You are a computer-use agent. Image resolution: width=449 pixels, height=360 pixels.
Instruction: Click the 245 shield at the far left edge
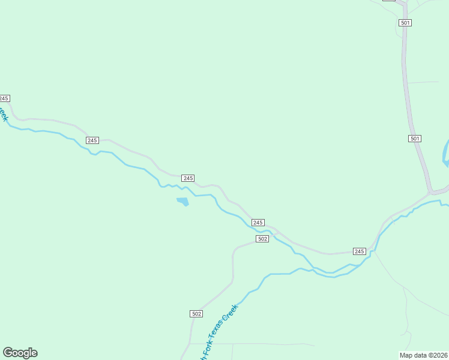[4, 98]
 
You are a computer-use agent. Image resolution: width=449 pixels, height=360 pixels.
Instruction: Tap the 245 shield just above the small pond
[188, 178]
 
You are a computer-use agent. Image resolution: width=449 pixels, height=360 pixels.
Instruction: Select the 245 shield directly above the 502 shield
[258, 223]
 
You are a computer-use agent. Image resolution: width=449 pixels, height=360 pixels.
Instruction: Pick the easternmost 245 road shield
[359, 251]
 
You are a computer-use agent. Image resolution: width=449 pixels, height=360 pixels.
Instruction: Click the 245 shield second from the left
[92, 140]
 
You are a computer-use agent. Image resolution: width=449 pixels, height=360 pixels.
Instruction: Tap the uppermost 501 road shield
[405, 23]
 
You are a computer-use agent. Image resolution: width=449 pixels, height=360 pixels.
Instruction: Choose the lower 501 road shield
[415, 139]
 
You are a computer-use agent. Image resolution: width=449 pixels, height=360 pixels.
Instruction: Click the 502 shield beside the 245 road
[262, 239]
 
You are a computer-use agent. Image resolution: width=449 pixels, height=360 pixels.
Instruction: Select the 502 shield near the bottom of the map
[196, 314]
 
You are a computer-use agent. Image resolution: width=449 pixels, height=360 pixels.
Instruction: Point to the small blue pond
[182, 201]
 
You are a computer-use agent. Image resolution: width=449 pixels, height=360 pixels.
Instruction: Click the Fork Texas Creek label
[220, 329]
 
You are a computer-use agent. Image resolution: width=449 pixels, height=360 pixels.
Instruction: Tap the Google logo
[20, 353]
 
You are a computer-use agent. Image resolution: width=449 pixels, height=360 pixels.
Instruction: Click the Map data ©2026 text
[423, 355]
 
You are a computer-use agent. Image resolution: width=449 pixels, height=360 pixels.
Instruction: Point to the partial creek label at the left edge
[4, 112]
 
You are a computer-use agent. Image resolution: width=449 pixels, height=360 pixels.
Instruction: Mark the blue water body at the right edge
[445, 153]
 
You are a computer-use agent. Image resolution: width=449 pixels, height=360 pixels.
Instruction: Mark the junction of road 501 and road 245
[431, 193]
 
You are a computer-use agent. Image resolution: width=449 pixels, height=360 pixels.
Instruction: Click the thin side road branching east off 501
[423, 82]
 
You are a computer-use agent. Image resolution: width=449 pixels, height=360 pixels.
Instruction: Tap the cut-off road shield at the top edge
[389, 1]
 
